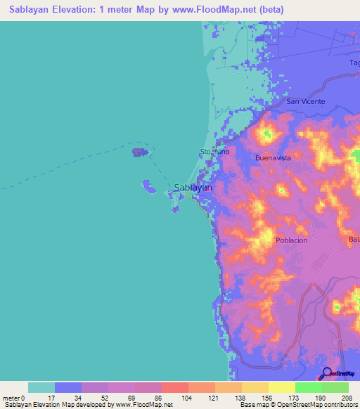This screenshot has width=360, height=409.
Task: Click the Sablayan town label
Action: (193, 188)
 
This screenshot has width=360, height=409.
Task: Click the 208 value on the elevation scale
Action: (347, 398)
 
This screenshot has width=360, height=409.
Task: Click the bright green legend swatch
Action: (309, 387)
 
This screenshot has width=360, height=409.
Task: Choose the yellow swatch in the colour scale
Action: (282, 387)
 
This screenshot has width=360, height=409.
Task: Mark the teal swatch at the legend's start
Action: (41, 387)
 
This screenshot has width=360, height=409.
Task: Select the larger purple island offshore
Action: (139, 152)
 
